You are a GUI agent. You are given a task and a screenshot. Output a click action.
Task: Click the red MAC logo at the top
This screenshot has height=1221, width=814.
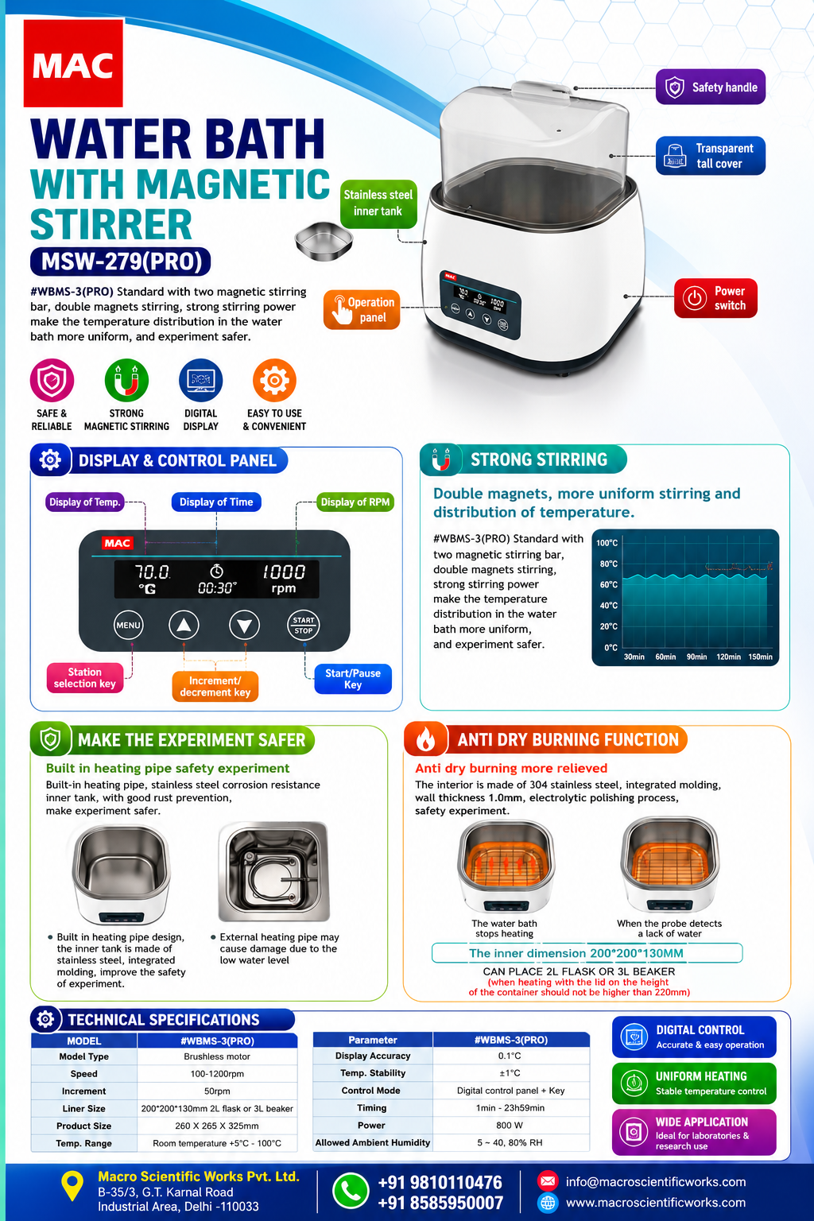click(x=73, y=64)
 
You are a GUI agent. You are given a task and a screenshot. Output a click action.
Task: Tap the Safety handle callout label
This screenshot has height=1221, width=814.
click(x=711, y=87)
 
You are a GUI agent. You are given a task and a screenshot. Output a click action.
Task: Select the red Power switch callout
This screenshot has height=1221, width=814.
click(x=715, y=298)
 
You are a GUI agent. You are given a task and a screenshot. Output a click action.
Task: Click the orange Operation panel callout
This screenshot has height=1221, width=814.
click(x=362, y=309)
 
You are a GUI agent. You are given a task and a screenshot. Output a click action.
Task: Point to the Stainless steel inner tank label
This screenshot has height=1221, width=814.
click(x=378, y=203)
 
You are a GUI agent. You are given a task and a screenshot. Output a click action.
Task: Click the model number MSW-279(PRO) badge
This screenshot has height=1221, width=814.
click(x=121, y=262)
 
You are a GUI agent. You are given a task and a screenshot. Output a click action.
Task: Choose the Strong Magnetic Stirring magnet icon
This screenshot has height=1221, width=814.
click(x=126, y=380)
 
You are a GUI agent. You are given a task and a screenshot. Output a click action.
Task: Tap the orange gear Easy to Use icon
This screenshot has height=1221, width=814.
click(x=274, y=380)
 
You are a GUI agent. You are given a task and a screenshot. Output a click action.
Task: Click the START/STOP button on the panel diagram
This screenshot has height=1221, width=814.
click(x=304, y=626)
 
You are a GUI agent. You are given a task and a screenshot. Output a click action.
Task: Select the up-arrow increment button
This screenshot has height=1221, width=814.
click(x=184, y=626)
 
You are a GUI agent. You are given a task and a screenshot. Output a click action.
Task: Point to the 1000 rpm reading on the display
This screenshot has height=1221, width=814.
click(x=284, y=579)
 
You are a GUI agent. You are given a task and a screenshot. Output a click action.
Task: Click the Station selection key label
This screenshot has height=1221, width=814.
click(x=85, y=677)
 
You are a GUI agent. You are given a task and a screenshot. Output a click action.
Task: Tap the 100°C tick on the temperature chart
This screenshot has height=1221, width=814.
click(x=607, y=543)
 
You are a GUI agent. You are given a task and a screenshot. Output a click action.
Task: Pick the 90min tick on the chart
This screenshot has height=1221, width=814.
click(x=697, y=657)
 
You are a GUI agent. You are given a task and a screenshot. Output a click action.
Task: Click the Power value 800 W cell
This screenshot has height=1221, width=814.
click(x=511, y=1125)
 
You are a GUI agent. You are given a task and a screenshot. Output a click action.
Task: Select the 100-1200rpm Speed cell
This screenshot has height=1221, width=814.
click(x=217, y=1074)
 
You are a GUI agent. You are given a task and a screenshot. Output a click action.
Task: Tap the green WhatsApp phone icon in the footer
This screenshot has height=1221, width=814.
click(x=351, y=1191)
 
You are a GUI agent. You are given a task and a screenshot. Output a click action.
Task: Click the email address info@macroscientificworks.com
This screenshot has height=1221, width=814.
click(x=656, y=1182)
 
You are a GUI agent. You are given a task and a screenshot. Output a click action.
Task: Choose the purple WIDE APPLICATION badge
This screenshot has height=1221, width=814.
click(x=694, y=1132)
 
